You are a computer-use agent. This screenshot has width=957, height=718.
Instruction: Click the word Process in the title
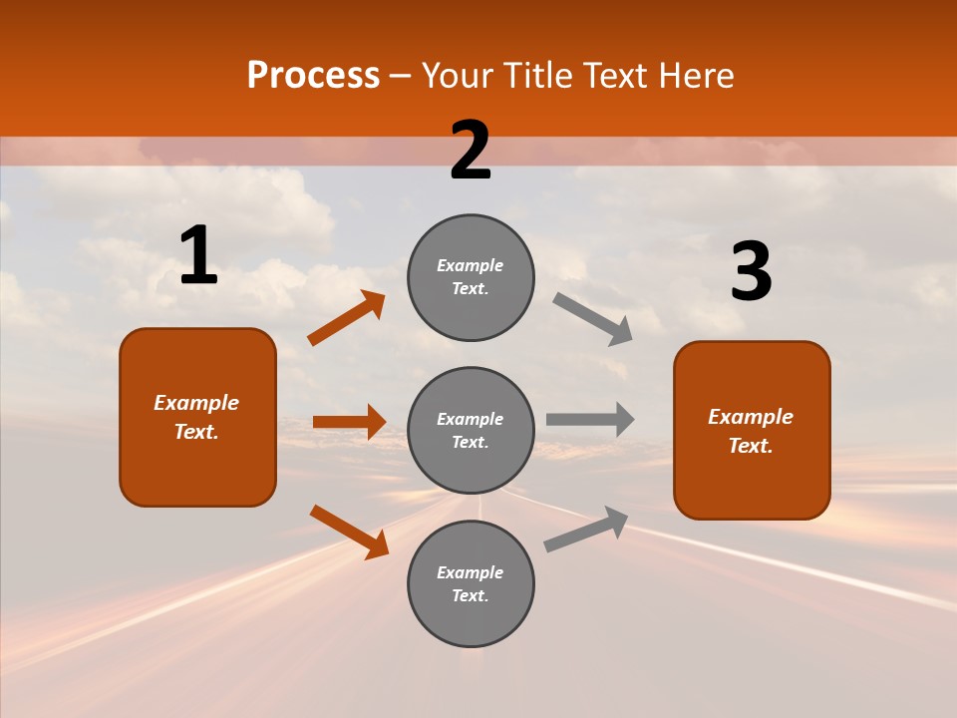click(313, 76)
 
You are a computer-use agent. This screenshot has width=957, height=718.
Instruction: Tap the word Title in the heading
click(535, 76)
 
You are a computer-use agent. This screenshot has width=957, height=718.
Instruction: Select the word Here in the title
click(694, 76)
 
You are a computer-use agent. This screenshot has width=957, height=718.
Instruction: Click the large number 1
click(198, 255)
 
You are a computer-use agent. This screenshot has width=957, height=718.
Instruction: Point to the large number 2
click(471, 151)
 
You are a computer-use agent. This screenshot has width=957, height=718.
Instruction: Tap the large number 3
click(751, 271)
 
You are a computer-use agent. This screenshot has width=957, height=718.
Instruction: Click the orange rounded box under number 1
click(197, 417)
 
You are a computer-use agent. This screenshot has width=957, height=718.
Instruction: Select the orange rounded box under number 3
click(752, 431)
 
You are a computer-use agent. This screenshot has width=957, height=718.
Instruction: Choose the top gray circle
click(471, 277)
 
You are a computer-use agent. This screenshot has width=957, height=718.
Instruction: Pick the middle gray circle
click(471, 431)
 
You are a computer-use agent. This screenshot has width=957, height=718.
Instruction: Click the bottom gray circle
click(471, 584)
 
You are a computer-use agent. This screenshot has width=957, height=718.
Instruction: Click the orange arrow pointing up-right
click(346, 318)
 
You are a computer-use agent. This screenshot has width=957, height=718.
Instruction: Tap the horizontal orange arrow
click(349, 422)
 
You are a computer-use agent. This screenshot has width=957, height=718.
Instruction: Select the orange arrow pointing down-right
click(349, 532)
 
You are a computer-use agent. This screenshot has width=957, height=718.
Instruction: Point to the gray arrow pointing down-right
click(592, 318)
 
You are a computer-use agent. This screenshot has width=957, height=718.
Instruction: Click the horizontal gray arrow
click(590, 419)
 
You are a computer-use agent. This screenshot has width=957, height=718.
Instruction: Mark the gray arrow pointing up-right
click(586, 530)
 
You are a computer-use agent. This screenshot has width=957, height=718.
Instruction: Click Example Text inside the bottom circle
click(471, 584)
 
